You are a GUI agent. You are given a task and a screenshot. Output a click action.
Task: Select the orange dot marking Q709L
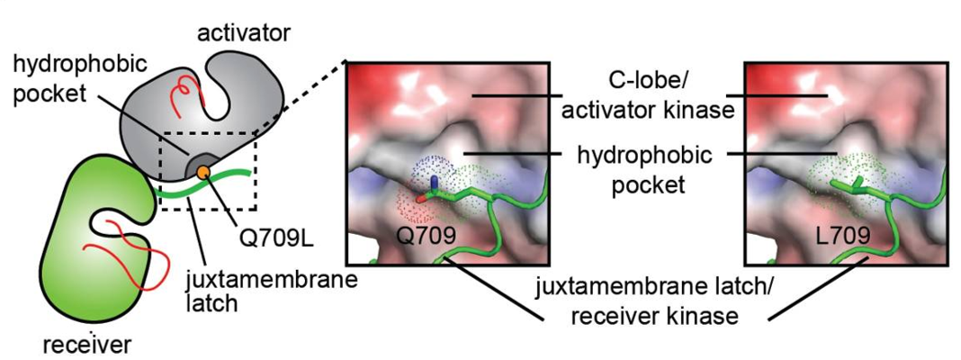pyautogui.click(x=204, y=171)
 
